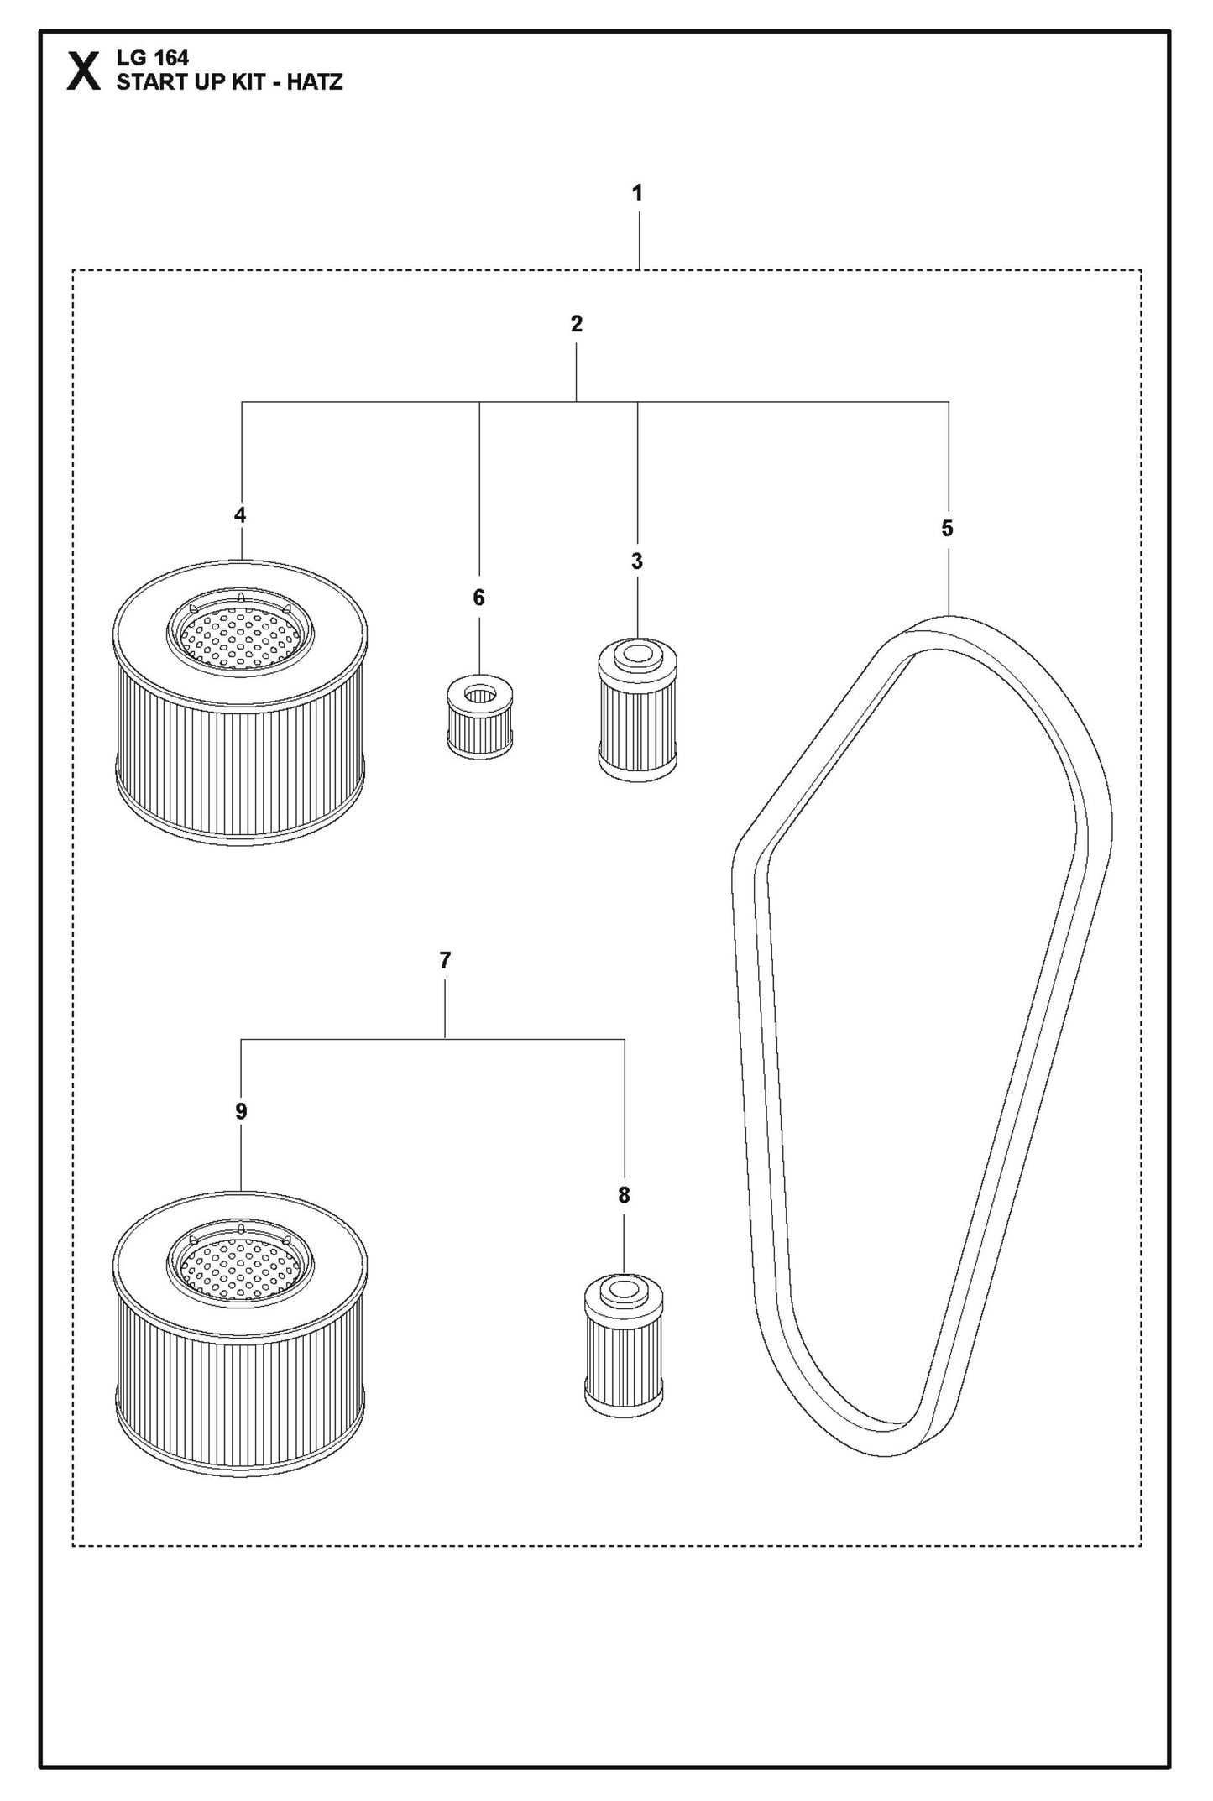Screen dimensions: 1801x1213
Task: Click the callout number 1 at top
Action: click(637, 193)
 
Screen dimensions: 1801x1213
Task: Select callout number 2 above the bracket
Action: click(576, 324)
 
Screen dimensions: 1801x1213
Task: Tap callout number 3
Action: click(636, 561)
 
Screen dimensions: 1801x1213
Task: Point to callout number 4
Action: click(240, 515)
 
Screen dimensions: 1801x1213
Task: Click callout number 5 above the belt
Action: click(947, 529)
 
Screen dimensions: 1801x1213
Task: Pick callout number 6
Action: click(478, 598)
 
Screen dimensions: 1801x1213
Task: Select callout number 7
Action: click(445, 960)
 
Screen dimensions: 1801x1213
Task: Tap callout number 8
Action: click(624, 1195)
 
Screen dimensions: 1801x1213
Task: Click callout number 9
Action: click(241, 1112)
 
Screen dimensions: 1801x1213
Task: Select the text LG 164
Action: click(153, 58)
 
